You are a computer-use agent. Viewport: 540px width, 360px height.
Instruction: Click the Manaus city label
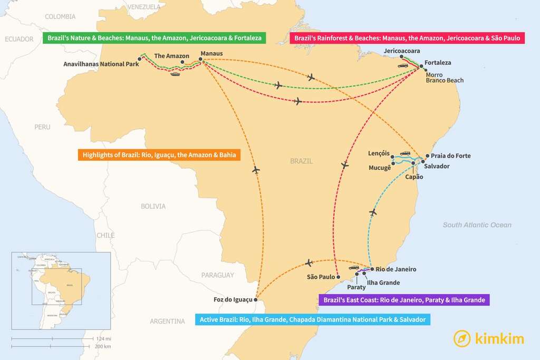211,54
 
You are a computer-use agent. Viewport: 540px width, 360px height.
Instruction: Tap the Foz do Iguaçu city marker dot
256,300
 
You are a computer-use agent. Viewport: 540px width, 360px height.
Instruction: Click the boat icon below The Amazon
175,73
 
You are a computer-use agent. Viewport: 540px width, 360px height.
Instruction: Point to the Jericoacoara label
402,51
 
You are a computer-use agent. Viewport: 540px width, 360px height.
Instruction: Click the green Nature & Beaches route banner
155,38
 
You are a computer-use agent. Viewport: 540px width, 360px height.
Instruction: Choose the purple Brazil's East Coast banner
404,300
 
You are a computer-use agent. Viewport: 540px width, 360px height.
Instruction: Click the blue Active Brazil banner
313,319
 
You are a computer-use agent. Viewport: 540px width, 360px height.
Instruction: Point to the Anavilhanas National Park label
101,64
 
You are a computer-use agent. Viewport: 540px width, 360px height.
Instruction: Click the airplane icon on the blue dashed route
373,212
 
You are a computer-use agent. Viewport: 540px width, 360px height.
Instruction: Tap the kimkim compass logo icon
462,338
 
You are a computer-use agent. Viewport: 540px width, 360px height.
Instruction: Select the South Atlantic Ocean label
477,225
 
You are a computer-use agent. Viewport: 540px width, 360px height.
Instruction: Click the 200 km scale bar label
103,346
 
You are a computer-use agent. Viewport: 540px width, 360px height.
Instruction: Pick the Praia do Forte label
450,156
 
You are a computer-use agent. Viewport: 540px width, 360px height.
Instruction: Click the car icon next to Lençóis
405,153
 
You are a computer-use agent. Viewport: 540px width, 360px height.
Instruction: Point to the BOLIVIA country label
153,206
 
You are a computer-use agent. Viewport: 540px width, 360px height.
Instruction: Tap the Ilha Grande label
383,283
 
